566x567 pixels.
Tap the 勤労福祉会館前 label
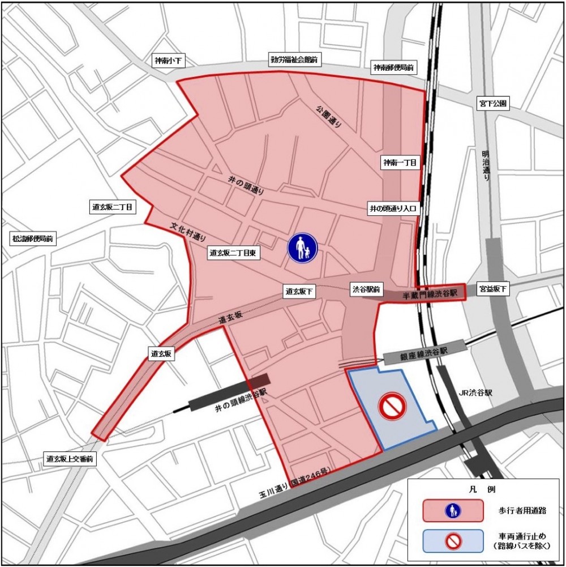tap(293, 59)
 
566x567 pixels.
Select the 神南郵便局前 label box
tap(393, 68)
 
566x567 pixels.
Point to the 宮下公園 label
tap(494, 104)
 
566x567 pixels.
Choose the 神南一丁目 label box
tap(400, 163)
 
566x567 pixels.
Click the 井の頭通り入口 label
tap(392, 208)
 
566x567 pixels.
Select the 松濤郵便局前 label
tap(32, 239)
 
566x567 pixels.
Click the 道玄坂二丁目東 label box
tap(234, 254)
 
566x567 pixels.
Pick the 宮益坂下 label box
tap(492, 289)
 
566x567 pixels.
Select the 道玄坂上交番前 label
tap(70, 459)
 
